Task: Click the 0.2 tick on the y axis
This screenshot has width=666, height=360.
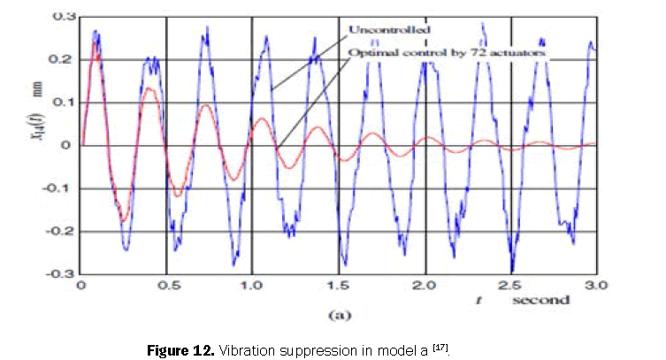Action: coord(61,59)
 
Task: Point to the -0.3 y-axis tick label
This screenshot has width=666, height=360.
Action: coord(59,274)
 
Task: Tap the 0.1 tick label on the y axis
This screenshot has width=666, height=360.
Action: coord(61,103)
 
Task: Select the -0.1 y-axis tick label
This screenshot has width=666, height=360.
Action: coord(59,188)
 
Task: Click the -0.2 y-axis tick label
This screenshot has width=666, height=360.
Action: coord(59,232)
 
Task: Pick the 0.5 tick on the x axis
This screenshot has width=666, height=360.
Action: coord(166,286)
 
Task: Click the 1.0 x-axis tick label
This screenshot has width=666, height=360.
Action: coord(252,286)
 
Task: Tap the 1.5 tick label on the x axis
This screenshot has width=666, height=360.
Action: coord(339,286)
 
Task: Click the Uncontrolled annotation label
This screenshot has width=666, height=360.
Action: coord(388,30)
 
